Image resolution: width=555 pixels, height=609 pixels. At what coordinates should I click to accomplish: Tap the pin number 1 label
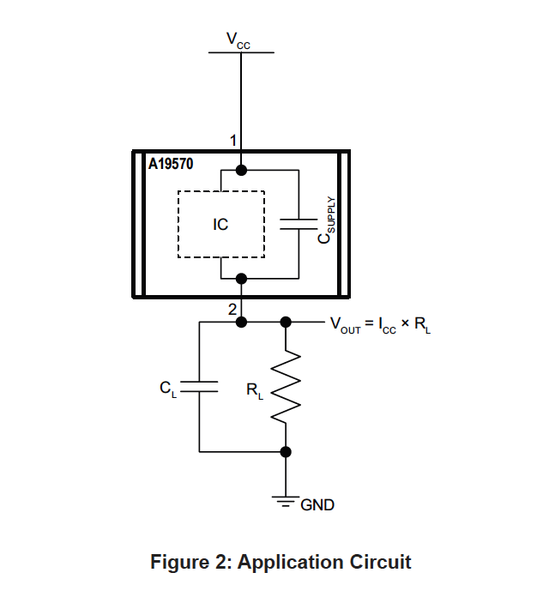pyautogui.click(x=232, y=139)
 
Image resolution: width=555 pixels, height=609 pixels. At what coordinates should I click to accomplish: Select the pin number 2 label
pyautogui.click(x=232, y=310)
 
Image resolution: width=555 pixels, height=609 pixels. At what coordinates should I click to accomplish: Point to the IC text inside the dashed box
pyautogui.click(x=220, y=225)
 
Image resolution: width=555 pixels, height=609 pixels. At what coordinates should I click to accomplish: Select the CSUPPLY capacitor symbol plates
pyautogui.click(x=299, y=224)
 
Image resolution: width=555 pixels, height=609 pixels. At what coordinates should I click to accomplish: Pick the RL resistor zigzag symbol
pyautogui.click(x=287, y=386)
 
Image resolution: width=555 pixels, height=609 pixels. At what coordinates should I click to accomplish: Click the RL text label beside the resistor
pyautogui.click(x=255, y=391)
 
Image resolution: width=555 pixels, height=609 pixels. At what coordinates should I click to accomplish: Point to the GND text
pyautogui.click(x=317, y=505)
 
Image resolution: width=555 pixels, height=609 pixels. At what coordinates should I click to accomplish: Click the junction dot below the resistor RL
pyautogui.click(x=287, y=451)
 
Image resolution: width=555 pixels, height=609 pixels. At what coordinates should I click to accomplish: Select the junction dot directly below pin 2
pyautogui.click(x=241, y=323)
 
